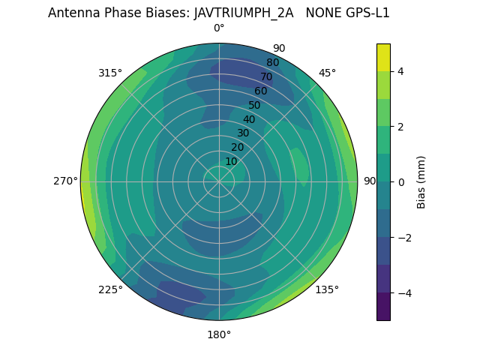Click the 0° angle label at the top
click(219, 28)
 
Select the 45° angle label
click(327, 73)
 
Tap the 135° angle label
click(327, 289)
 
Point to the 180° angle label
click(219, 334)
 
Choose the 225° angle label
click(110, 289)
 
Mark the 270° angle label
click(66, 181)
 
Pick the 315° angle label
click(110, 73)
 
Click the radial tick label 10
click(231, 161)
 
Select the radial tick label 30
click(243, 133)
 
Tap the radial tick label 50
click(254, 105)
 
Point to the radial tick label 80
click(272, 63)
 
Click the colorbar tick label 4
click(400, 71)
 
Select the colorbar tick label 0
click(400, 182)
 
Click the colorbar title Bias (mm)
click(421, 182)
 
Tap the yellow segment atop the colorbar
click(383, 57)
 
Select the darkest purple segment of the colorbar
click(383, 307)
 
